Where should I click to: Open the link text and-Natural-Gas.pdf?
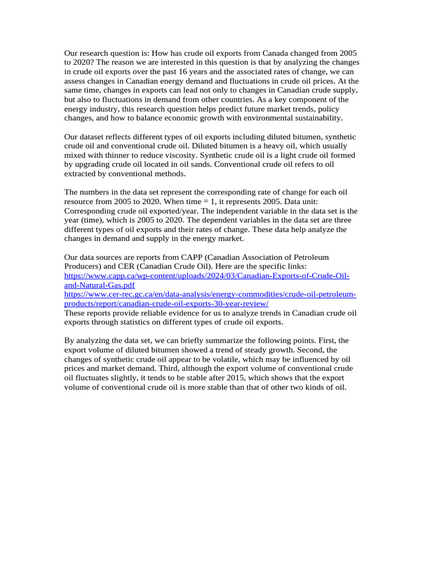[x=100, y=285]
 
